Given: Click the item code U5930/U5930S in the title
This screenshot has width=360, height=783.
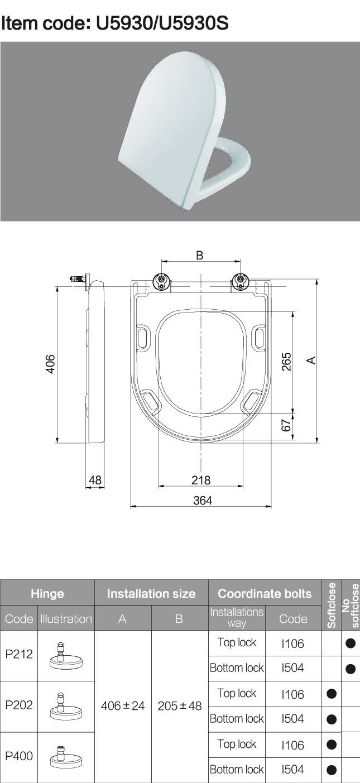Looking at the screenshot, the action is (x=162, y=23).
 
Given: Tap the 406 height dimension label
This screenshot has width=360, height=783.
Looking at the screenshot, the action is (x=50, y=364).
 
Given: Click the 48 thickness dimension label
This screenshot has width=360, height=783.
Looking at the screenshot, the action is (x=95, y=480).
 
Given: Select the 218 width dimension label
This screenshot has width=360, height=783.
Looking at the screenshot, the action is (x=201, y=480).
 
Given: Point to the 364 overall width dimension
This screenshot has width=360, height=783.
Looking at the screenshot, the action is (x=203, y=500).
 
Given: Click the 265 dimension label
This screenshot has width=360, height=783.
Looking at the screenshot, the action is (x=286, y=362).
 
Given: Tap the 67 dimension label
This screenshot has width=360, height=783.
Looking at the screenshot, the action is (x=286, y=425).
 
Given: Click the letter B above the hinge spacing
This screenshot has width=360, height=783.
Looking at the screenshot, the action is (x=200, y=255).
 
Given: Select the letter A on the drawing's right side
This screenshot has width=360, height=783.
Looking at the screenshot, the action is (x=311, y=360).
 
